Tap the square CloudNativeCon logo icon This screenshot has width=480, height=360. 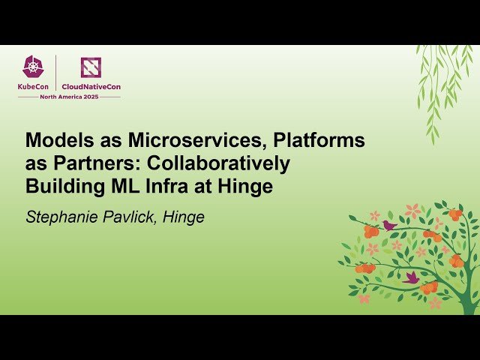point(91,67)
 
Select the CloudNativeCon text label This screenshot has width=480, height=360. point(91,87)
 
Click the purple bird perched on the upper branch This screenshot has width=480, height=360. point(389,224)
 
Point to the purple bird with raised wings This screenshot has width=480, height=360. point(411,277)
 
